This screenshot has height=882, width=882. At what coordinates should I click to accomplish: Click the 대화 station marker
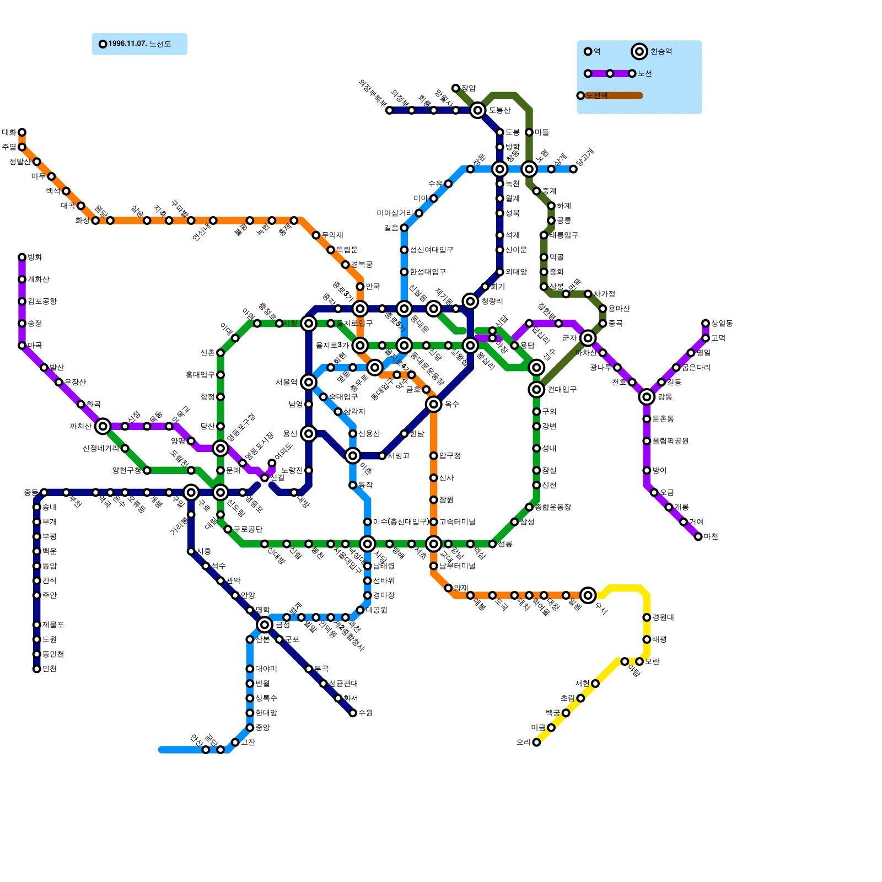tap(22, 132)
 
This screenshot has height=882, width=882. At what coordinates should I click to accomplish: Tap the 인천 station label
tap(50, 669)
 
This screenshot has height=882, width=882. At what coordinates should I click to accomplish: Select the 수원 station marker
tap(353, 713)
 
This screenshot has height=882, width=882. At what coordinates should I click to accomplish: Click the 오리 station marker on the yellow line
tap(536, 743)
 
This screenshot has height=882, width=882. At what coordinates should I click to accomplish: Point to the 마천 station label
tap(711, 537)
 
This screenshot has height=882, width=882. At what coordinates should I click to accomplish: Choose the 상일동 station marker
tap(706, 324)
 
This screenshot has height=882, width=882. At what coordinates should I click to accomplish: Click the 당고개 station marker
tap(573, 169)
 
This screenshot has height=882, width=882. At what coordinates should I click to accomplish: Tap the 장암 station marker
tap(455, 88)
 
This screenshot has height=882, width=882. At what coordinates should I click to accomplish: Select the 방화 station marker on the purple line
tap(22, 257)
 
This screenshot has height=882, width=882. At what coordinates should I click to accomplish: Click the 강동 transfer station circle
tap(647, 397)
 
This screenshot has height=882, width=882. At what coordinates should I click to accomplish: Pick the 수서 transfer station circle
tap(588, 595)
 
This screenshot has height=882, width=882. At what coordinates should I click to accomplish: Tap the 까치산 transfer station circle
tap(103, 426)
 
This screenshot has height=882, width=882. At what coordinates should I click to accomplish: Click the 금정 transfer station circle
tap(265, 625)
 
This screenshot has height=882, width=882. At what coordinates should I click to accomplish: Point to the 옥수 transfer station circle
tap(434, 404)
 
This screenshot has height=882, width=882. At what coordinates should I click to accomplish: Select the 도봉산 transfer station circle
tap(478, 110)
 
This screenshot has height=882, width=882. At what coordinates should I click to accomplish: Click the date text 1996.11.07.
tap(127, 44)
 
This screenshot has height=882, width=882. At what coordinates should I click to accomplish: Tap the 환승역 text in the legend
tap(661, 52)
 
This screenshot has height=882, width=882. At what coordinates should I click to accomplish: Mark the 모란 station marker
tap(639, 661)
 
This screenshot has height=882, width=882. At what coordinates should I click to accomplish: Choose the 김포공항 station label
tap(42, 302)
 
